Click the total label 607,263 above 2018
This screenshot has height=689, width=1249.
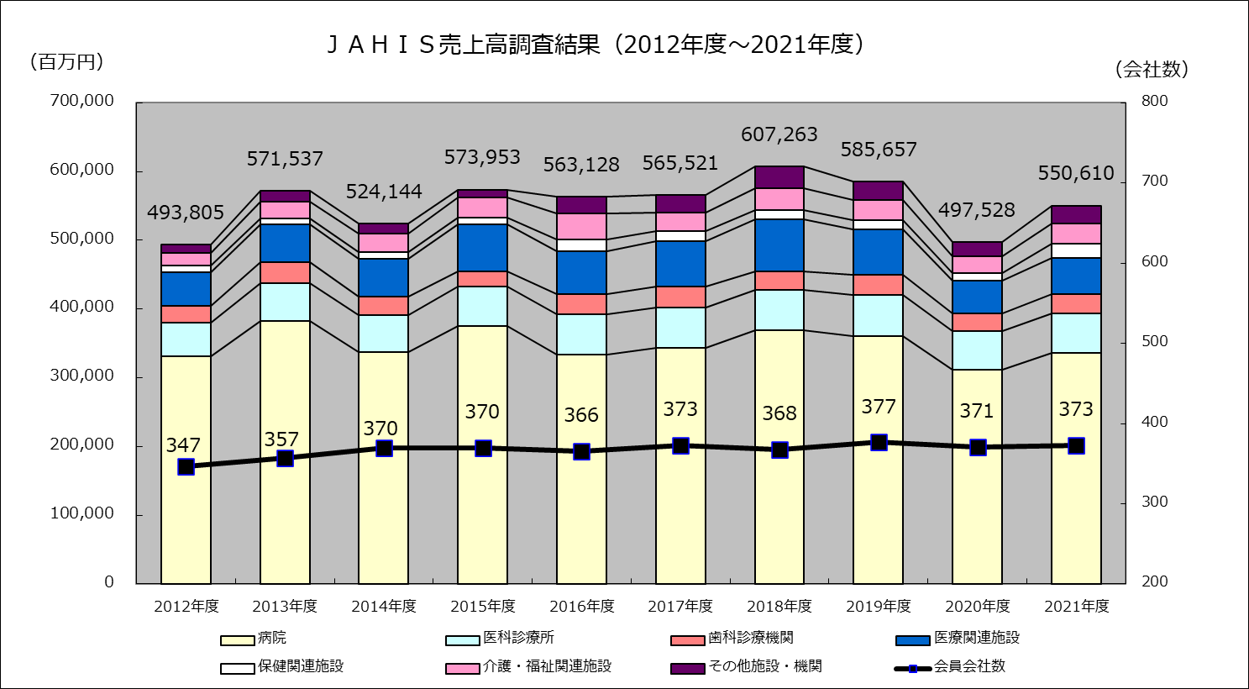779,134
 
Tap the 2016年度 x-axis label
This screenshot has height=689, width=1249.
581,606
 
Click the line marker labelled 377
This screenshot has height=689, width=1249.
879,443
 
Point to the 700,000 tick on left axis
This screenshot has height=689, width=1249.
81,101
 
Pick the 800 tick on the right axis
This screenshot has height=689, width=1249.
1154,101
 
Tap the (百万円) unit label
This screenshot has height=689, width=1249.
66,61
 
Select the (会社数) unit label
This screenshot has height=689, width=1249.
1152,70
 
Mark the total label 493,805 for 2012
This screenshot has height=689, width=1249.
186,213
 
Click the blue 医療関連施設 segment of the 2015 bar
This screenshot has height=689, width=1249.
482,248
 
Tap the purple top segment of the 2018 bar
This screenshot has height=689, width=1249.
779,177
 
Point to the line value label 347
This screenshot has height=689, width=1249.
183,445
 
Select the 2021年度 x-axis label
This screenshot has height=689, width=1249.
1076,606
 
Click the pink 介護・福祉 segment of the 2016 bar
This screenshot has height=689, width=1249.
581,226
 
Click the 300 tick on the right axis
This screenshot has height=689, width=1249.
1154,502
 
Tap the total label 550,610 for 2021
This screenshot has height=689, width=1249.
1076,174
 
